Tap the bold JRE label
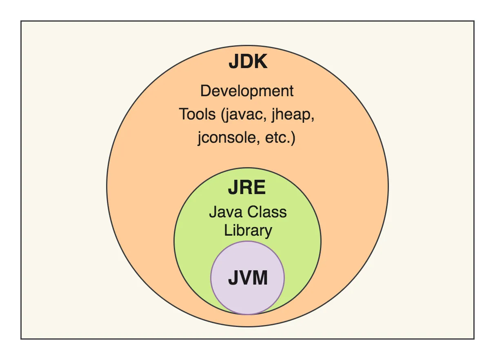coord(247,188)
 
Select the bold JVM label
coord(248,278)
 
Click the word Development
coord(247,91)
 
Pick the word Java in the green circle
coord(224,212)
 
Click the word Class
coord(265,212)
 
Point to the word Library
coord(248,231)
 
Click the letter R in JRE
coord(246,188)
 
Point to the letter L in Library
coord(227,231)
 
